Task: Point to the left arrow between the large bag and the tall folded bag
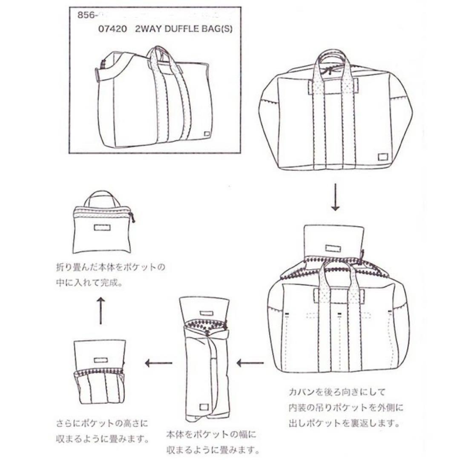pos(250,363)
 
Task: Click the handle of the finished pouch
pos(101,198)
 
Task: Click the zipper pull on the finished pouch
pos(132,218)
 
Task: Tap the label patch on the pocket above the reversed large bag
pos(334,248)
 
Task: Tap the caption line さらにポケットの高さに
pos(102,423)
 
